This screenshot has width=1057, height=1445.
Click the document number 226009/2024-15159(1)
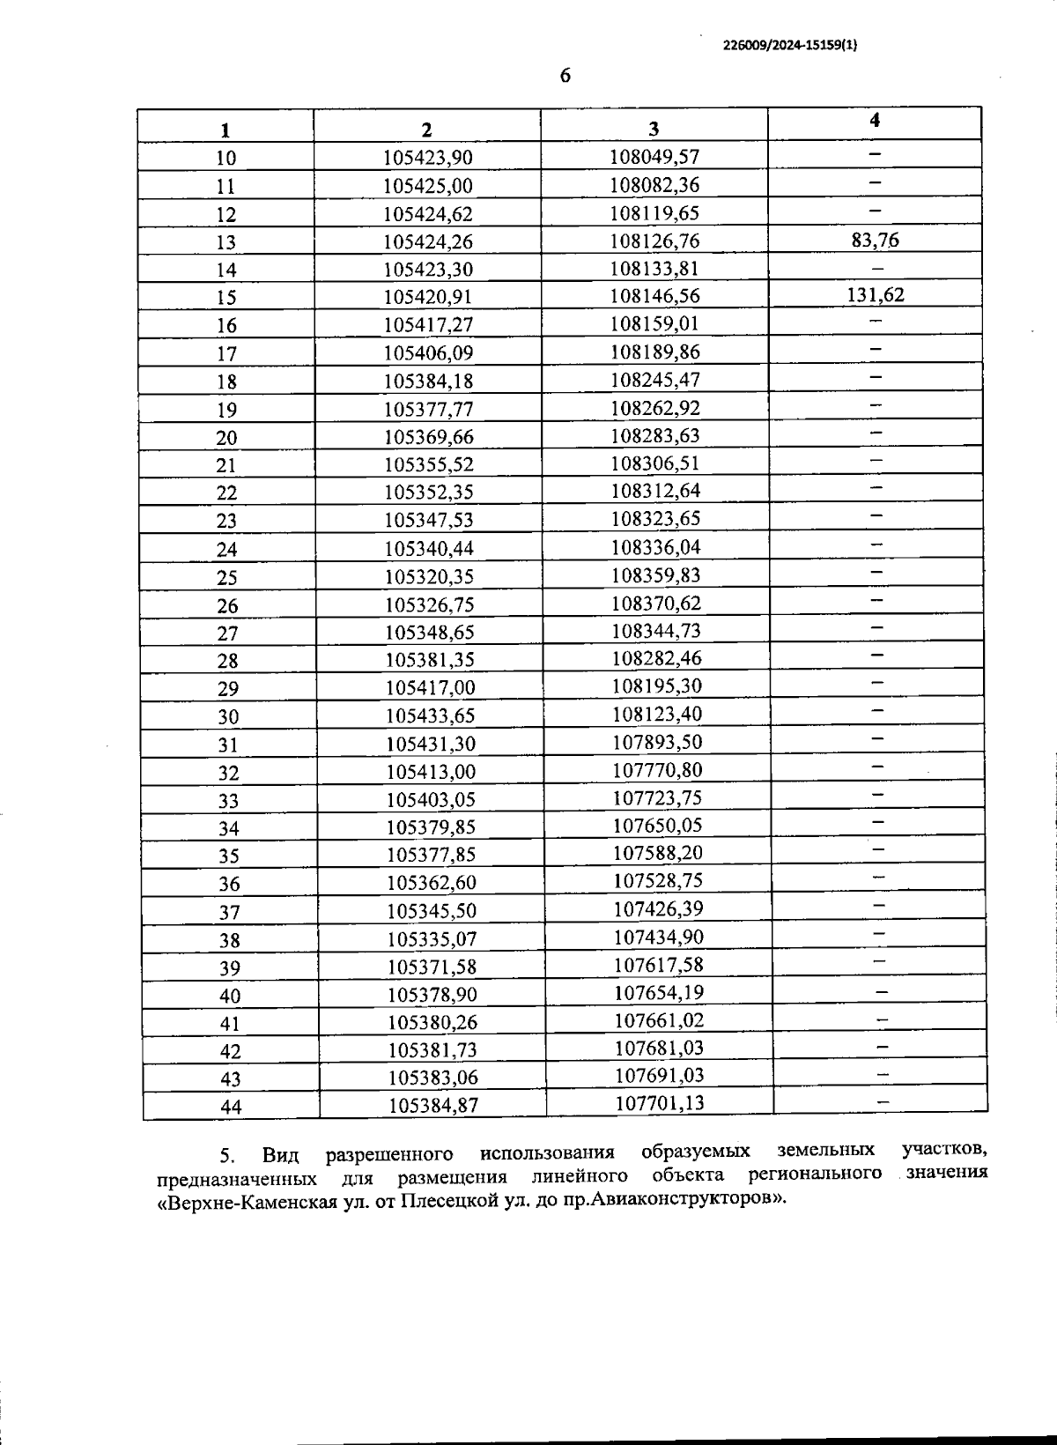tap(789, 49)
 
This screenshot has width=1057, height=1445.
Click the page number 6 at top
tap(565, 76)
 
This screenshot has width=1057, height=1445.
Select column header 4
tap(875, 121)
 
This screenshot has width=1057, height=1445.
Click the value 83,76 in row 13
tap(875, 240)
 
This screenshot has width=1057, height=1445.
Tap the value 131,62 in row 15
tap(875, 295)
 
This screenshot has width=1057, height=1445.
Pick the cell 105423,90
tap(428, 158)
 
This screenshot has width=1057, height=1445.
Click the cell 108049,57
tap(654, 157)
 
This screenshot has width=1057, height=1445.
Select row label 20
tap(226, 438)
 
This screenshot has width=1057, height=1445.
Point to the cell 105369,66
tap(429, 437)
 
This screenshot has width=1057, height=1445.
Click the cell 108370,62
tap(656, 603)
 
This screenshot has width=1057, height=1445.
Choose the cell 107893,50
tap(657, 742)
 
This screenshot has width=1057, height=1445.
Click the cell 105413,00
tap(431, 772)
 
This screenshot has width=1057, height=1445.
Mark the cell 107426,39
tap(658, 908)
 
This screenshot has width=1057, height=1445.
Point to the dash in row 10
tap(875, 154)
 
